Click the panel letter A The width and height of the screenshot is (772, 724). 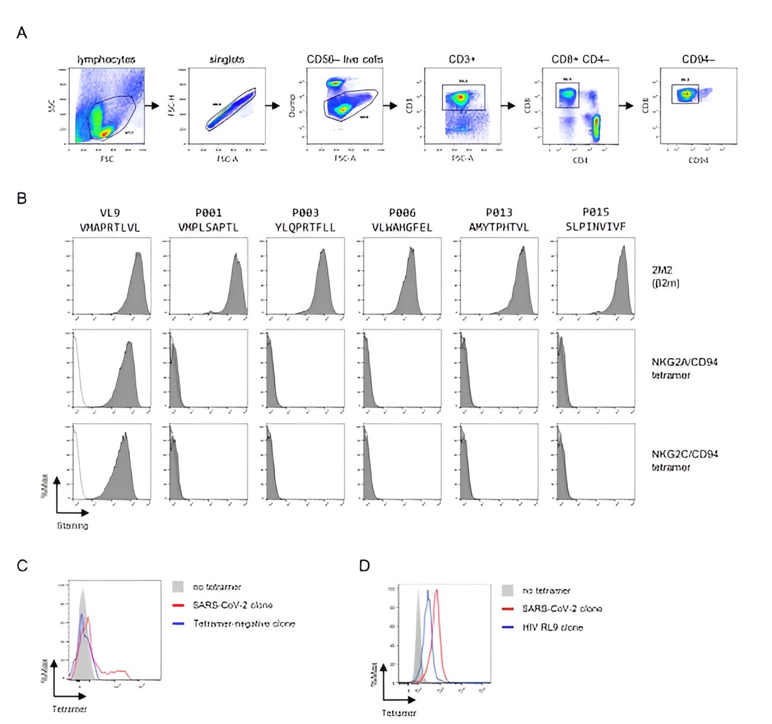click(x=22, y=33)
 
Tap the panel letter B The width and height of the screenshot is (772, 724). click(x=22, y=198)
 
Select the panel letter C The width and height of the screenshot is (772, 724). click(x=22, y=566)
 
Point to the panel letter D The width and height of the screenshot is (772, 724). click(x=364, y=566)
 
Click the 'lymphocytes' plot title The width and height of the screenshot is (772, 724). click(x=106, y=60)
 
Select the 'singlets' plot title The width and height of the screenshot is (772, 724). click(x=226, y=60)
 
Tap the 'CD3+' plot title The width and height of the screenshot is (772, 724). click(x=461, y=60)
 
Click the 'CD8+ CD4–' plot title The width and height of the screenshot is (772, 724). click(x=580, y=60)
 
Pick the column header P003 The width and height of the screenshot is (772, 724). click(x=305, y=213)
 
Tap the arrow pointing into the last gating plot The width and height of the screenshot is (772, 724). click(x=628, y=106)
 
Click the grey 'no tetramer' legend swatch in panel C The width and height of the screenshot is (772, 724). click(x=178, y=587)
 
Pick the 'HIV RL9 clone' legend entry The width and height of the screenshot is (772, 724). click(x=552, y=627)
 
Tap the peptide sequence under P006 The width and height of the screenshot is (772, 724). click(x=402, y=228)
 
